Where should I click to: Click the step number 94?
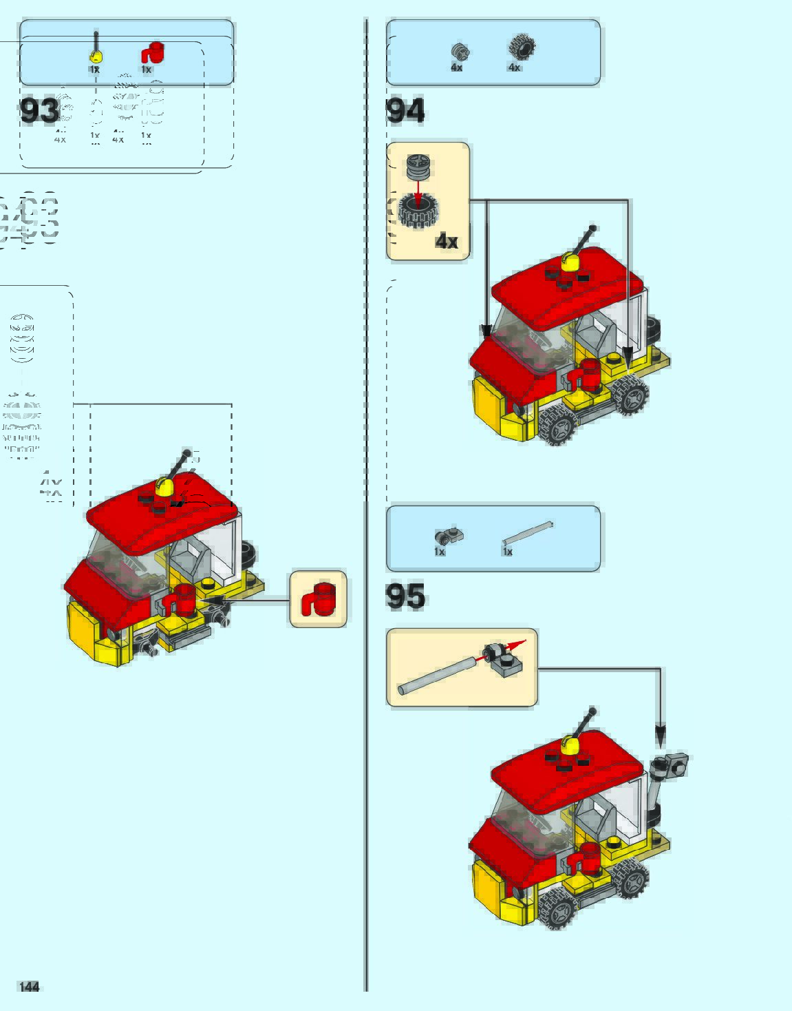[405, 111]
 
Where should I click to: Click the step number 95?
[405, 596]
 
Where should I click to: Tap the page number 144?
[30, 987]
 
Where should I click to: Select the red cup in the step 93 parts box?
[153, 53]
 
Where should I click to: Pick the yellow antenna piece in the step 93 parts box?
[96, 54]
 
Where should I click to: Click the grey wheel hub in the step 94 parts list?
[459, 51]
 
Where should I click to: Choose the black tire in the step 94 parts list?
[522, 47]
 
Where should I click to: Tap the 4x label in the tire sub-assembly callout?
[447, 242]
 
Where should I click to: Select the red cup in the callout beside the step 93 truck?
[319, 599]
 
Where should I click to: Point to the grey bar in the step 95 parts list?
[527, 534]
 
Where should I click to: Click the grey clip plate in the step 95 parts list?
[449, 535]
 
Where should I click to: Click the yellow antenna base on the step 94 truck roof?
[569, 262]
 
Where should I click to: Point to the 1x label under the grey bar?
[507, 552]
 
